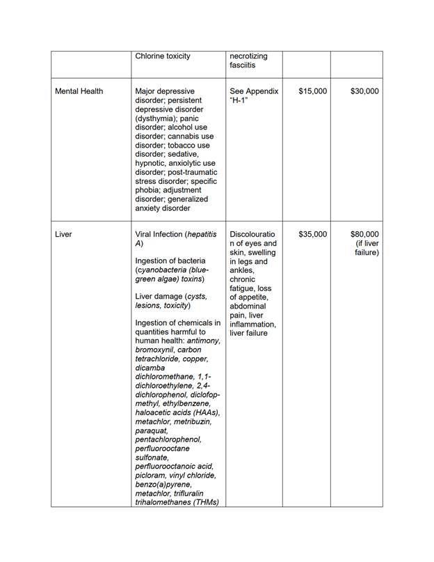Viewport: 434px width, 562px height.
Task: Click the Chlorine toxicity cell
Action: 163,56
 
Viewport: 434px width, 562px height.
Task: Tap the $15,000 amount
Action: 312,91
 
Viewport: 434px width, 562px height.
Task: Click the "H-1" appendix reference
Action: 241,101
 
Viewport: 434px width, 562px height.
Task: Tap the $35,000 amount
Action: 312,235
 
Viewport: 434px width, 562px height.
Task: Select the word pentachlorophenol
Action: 168,440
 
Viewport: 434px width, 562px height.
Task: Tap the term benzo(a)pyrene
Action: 163,485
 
